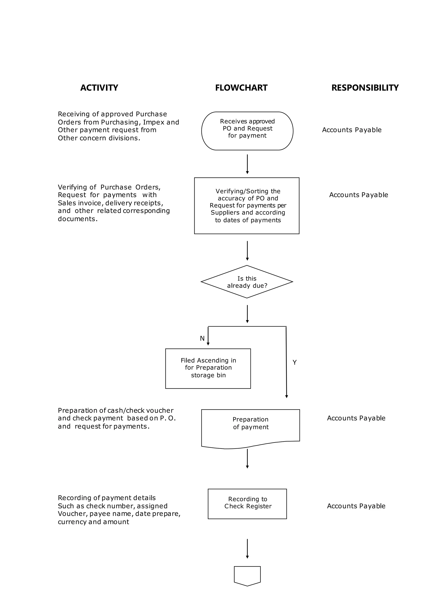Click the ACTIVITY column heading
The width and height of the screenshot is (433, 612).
click(99, 88)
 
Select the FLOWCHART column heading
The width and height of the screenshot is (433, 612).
click(241, 88)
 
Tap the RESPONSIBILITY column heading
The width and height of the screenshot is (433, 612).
click(365, 88)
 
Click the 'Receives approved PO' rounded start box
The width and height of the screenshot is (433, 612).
click(247, 131)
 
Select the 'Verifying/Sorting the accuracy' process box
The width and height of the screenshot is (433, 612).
click(247, 206)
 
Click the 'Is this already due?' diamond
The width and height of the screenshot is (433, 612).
click(247, 282)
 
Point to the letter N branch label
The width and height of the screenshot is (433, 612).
click(202, 338)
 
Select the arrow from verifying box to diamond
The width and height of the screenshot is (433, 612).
click(247, 250)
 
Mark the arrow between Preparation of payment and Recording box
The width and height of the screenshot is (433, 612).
click(247, 459)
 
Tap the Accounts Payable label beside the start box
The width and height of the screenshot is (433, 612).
click(351, 130)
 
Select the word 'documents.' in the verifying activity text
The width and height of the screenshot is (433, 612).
click(78, 219)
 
